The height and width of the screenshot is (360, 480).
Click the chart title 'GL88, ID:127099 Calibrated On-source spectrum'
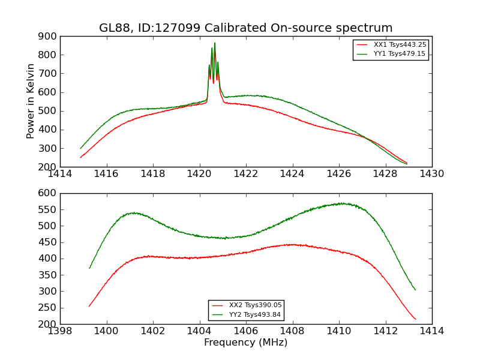tap(245, 28)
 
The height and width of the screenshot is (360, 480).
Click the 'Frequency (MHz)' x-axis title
tap(245, 343)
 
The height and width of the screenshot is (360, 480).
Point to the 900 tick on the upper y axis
tap(48, 36)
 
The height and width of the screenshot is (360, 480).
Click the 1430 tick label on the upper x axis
tap(431, 174)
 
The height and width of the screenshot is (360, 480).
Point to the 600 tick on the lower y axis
tap(48, 193)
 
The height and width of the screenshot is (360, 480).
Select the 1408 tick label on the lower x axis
tap(292, 331)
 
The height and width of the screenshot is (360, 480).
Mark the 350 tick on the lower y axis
tap(48, 275)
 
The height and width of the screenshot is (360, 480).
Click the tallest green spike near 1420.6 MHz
tap(215, 43)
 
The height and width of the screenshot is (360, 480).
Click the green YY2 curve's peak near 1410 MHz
tap(341, 203)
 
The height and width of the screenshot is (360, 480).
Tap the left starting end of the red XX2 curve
tap(89, 306)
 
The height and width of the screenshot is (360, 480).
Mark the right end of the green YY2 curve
tap(415, 290)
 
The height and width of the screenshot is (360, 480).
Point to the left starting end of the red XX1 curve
tap(80, 157)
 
